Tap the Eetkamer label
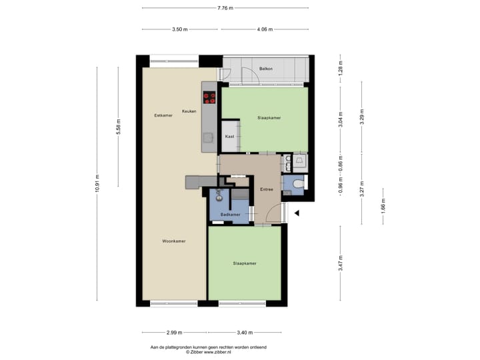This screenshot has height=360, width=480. click(163, 115)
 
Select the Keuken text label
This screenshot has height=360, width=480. click(189, 111)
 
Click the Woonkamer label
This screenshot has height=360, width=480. click(173, 241)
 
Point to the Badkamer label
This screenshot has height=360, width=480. click(230, 215)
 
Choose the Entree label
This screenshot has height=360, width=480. click(267, 189)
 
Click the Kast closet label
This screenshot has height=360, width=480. click(229, 136)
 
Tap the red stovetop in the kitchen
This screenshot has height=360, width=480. click(209, 97)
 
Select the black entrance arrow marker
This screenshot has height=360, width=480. click(297, 213)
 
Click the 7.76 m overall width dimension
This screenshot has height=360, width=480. click(225, 8)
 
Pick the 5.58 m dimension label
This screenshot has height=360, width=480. click(119, 127)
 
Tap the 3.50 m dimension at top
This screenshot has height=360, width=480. click(180, 29)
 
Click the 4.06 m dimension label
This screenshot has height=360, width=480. click(265, 29)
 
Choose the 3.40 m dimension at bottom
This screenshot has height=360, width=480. click(245, 332)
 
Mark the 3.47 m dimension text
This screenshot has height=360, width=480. click(340, 263)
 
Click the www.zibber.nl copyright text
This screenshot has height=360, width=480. click(208, 352)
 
